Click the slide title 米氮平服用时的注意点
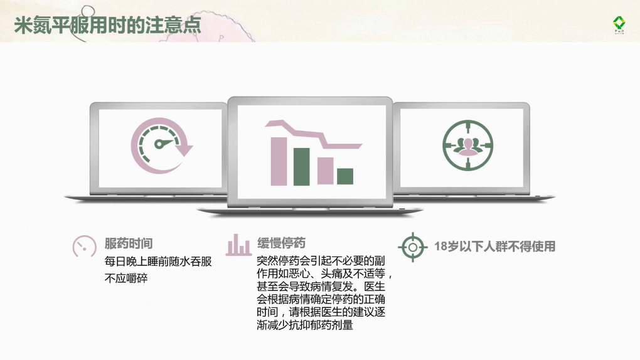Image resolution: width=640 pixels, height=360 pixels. coord(108,25)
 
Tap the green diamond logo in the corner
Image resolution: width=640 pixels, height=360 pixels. coord(619,24)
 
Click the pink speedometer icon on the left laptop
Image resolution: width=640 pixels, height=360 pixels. coord(161,146)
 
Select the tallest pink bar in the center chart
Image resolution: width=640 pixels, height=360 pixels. coord(279,162)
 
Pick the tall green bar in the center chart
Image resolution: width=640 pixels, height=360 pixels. coord(302,167)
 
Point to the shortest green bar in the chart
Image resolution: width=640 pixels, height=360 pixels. coord(345,177)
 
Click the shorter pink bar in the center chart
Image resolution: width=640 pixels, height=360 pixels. coord(325,171)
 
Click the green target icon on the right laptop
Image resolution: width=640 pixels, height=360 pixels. coord(467,146)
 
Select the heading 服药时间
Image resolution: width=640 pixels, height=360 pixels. coord(129,244)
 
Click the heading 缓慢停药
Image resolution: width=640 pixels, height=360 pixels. coord(281,243)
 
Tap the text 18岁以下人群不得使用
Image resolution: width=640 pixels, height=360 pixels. coord(494,246)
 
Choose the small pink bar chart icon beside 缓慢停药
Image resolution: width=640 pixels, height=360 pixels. coord(238,245)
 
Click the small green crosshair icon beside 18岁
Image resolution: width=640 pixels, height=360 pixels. coord(413,247)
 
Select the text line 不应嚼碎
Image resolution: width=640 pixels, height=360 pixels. coord(126,278)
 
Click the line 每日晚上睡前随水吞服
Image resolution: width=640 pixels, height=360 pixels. coord(158,262)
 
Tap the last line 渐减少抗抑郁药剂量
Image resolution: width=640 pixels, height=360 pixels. coord(305,326)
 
